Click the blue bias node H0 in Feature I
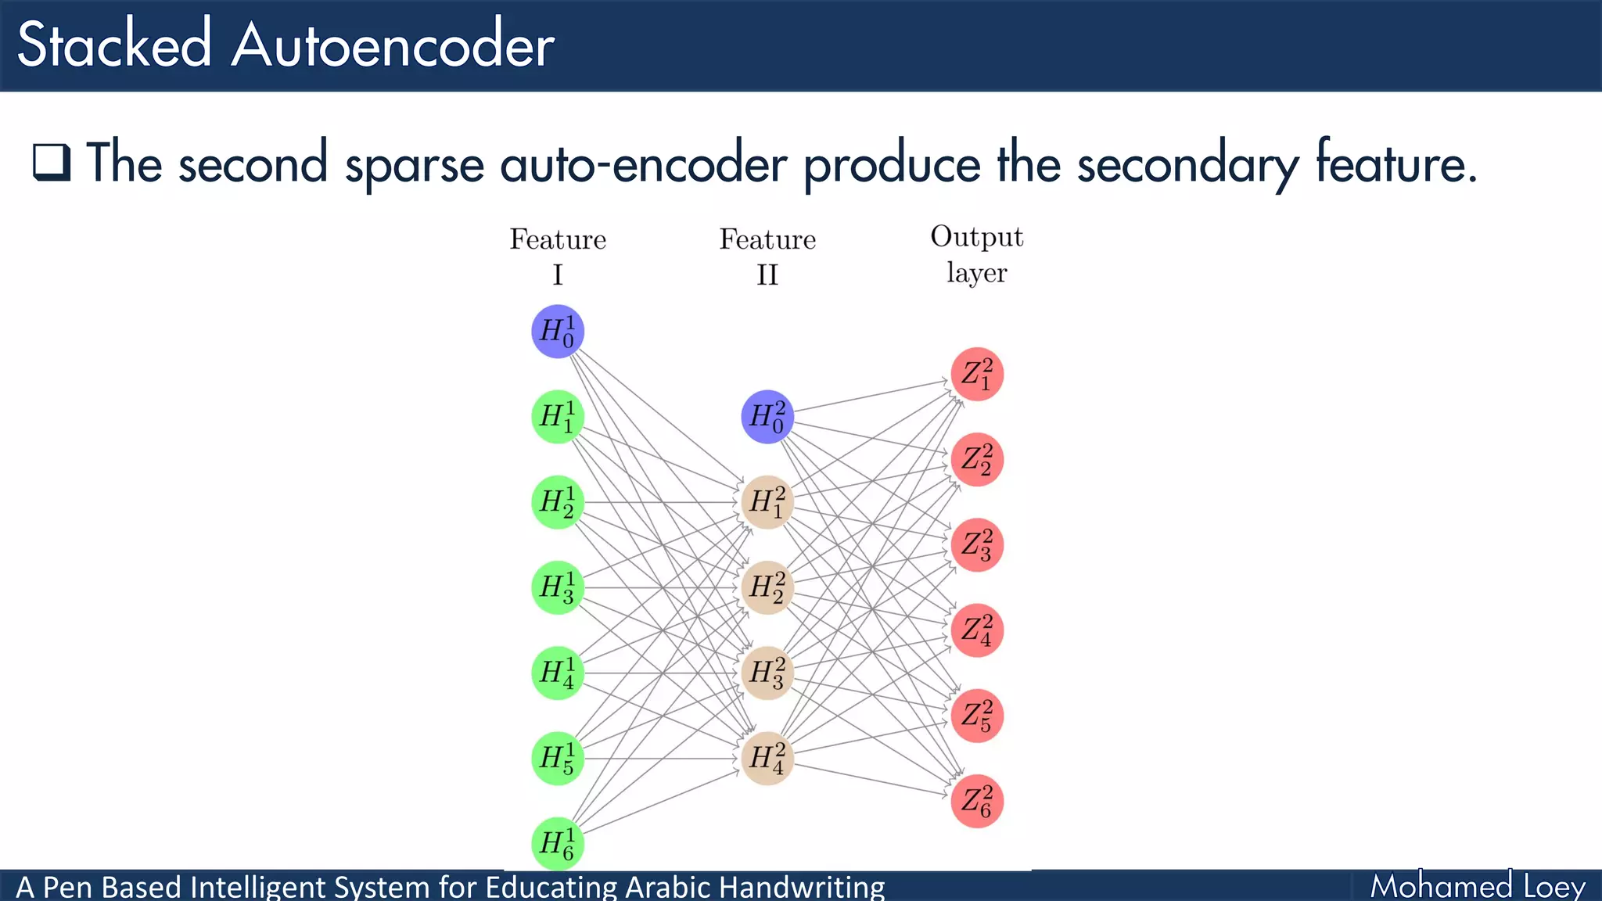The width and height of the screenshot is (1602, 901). point(557,332)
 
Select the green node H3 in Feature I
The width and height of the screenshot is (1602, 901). point(557,587)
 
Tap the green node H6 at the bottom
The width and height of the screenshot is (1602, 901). point(557,843)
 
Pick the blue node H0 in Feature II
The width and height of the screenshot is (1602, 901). point(767,417)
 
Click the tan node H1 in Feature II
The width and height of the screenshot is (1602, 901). point(767,502)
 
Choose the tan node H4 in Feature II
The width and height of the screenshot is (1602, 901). point(767,758)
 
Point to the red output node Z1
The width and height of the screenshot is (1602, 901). point(977,374)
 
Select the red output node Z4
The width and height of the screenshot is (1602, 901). point(977,630)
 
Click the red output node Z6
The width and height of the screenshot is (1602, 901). point(977,801)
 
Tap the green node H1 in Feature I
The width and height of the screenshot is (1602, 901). point(557,417)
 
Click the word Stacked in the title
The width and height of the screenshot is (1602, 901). point(114,45)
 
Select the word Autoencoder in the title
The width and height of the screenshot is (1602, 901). point(393,45)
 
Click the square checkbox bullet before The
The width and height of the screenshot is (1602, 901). point(52,162)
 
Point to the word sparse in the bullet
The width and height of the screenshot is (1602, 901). point(415,164)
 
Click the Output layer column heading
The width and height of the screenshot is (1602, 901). point(976,254)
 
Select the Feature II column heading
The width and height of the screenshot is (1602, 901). point(767,256)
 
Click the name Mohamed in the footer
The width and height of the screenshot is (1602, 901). point(1441,886)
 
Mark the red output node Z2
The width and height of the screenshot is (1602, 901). point(977,459)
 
